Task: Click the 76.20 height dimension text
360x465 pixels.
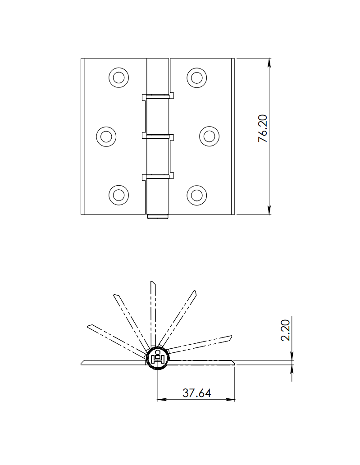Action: coord(263,129)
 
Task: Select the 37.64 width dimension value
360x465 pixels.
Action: coord(196,393)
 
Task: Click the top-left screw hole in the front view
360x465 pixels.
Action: coord(119,77)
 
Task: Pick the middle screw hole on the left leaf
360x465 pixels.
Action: coord(107,136)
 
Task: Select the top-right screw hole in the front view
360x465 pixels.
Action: coord(196,77)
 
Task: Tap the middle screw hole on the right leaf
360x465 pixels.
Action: coord(209,136)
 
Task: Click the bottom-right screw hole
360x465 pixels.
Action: coord(196,195)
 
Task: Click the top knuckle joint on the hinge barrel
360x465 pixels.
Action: coord(158,96)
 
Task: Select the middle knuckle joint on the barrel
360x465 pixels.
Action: coord(158,136)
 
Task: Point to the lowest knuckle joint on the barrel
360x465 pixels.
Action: coord(158,176)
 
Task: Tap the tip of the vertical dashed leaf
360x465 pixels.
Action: coord(153,283)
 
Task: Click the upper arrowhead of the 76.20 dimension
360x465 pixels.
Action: coord(269,63)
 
